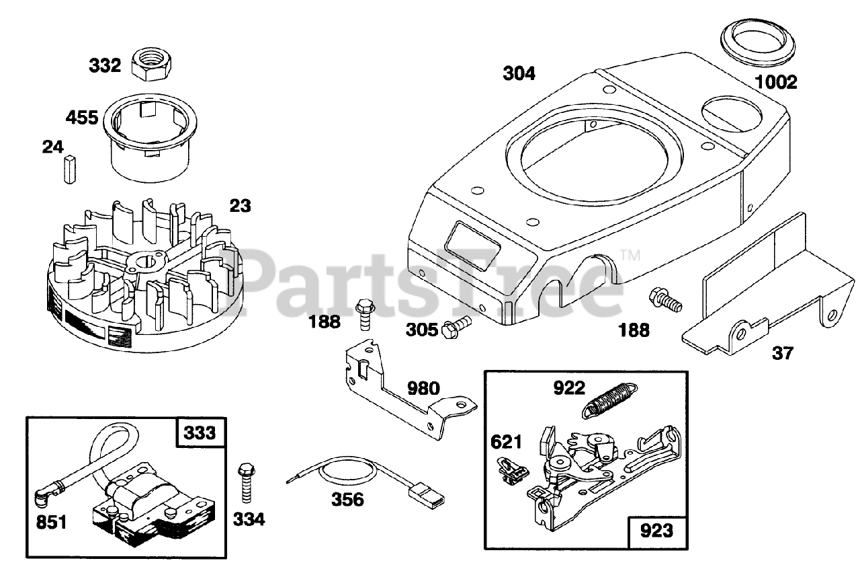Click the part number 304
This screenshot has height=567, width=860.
click(519, 73)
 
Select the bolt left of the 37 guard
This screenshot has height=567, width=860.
click(664, 299)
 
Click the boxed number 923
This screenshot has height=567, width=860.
click(656, 531)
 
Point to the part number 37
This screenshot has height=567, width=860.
click(783, 352)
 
